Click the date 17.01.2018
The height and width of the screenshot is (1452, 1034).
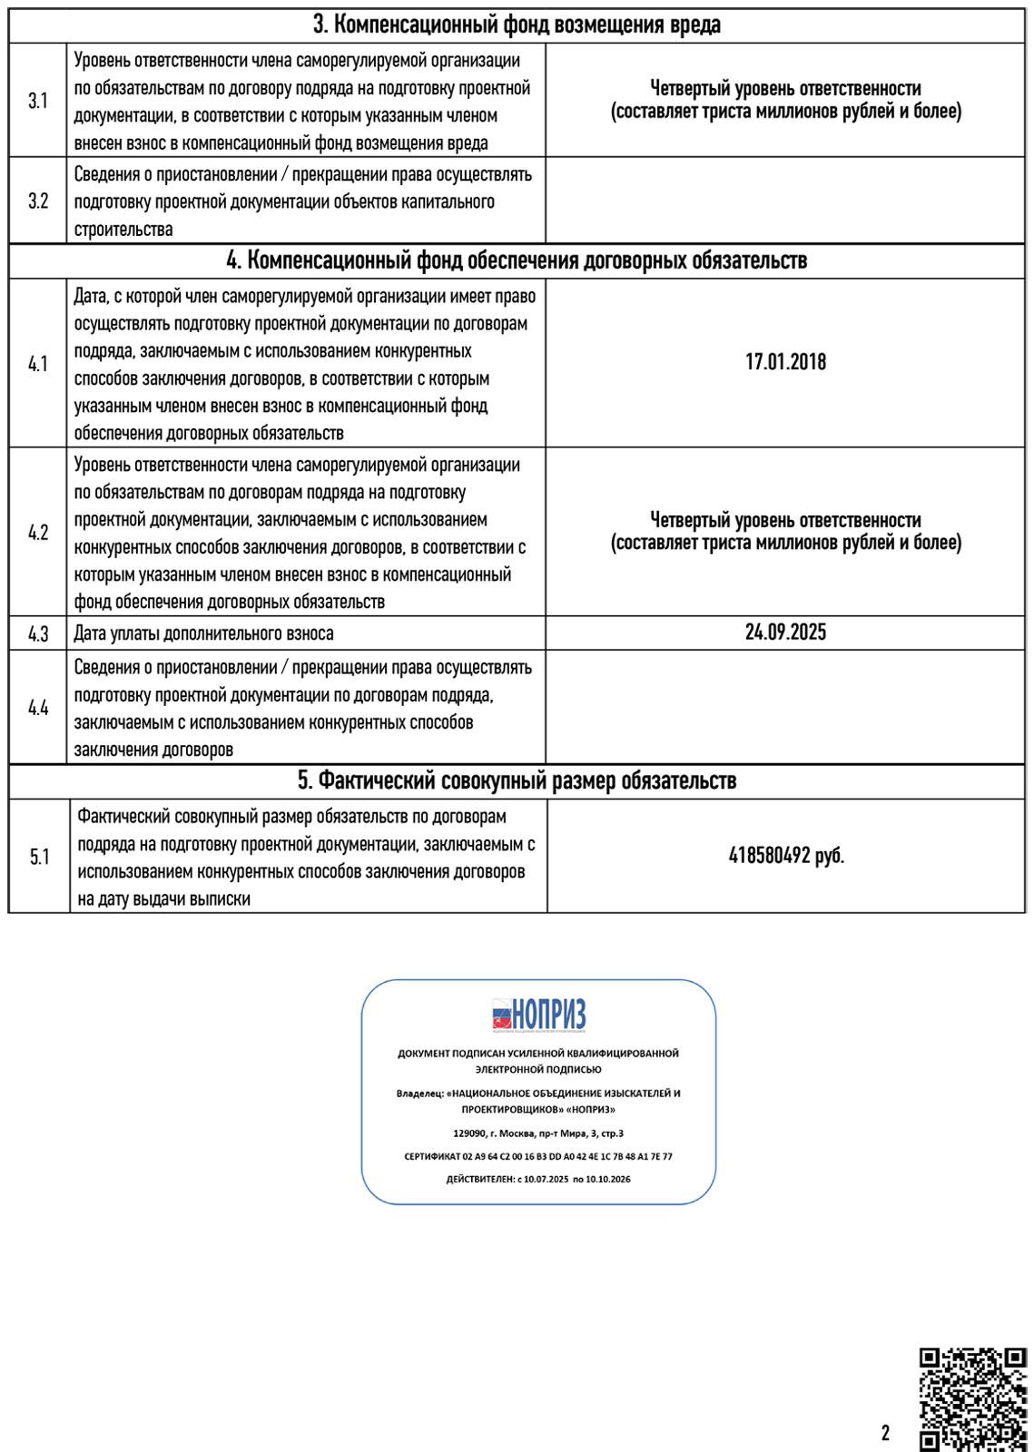tap(785, 362)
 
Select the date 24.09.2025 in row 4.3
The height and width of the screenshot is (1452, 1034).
tap(785, 633)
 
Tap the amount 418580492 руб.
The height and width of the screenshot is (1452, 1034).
tap(786, 856)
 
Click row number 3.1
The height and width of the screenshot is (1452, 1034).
tap(38, 101)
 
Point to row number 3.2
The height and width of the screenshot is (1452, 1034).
tap(38, 201)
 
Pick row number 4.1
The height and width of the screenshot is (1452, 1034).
tap(38, 364)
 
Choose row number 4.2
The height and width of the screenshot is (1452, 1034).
tap(38, 532)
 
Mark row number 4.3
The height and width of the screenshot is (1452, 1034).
tap(38, 634)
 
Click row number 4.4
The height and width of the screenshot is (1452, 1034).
tap(38, 708)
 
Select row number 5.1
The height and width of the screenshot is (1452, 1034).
tap(39, 856)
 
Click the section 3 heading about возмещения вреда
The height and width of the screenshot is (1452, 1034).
tap(517, 25)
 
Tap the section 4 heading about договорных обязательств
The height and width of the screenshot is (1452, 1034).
tap(517, 261)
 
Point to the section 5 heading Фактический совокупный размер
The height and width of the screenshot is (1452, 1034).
tap(517, 780)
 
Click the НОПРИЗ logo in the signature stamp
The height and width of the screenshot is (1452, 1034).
tap(538, 1015)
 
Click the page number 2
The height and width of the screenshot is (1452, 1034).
tap(885, 1434)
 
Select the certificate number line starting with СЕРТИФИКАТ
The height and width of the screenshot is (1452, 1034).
tap(538, 1157)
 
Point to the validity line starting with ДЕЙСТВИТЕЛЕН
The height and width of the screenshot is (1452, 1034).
tap(538, 1179)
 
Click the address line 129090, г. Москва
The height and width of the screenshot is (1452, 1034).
tap(538, 1133)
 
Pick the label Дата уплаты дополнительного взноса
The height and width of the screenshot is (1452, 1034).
tap(204, 633)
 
